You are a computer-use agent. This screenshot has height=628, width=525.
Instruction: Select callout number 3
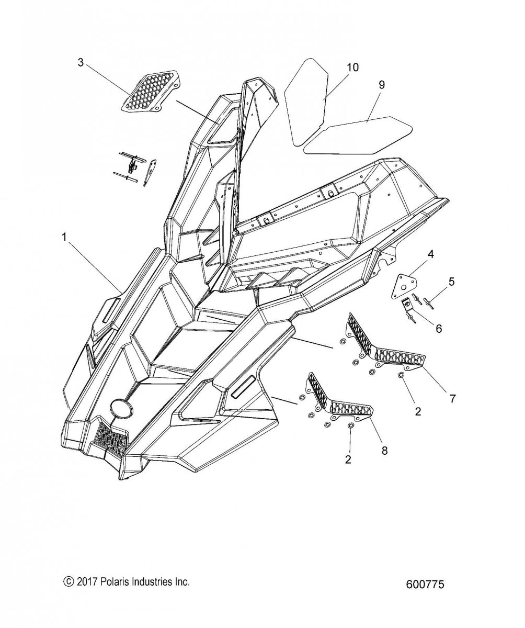[x=80, y=62]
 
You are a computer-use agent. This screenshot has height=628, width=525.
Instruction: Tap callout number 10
[x=352, y=67]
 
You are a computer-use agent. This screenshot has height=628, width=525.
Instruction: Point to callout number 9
[x=381, y=84]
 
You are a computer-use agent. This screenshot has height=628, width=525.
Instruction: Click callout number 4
[x=430, y=254]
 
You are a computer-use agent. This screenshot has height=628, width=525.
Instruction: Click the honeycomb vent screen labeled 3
[x=152, y=91]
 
